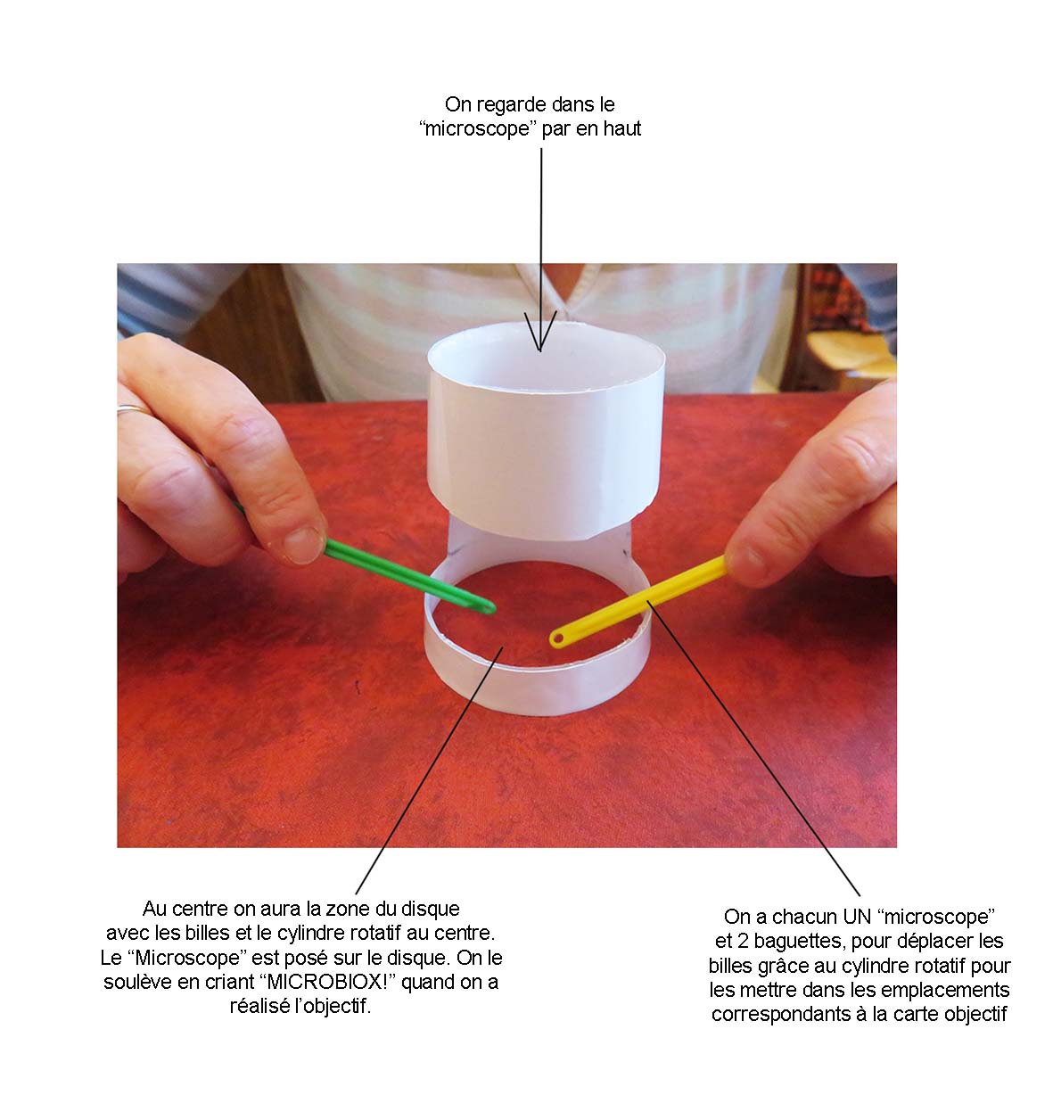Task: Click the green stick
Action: [406, 576]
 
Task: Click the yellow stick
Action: [638, 603]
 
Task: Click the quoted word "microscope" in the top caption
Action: [478, 129]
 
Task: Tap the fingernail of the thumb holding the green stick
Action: [303, 544]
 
